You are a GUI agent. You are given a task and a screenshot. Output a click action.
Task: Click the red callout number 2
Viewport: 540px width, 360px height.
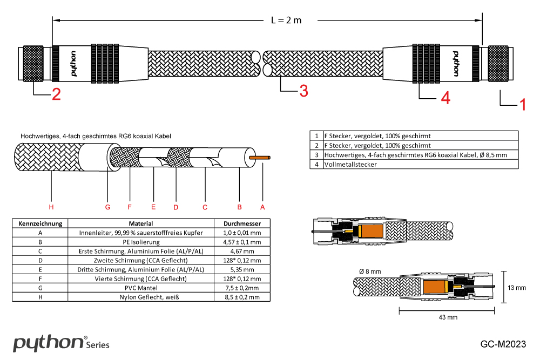click(56, 94)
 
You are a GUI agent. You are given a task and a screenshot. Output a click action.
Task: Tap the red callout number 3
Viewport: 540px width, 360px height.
click(303, 91)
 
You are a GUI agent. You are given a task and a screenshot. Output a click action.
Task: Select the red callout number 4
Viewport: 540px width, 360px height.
click(445, 98)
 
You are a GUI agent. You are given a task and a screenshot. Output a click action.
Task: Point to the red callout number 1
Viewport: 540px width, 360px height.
click(522, 104)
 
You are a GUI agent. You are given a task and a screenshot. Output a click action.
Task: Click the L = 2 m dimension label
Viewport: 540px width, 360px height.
click(286, 21)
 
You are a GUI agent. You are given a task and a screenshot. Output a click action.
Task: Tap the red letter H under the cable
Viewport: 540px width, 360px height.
click(51, 207)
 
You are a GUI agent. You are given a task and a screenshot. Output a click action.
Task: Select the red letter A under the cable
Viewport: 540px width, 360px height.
click(263, 207)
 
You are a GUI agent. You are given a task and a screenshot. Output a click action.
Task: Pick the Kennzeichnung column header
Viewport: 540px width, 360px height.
click(41, 223)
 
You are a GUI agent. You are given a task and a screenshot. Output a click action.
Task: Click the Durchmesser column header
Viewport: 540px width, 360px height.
click(242, 223)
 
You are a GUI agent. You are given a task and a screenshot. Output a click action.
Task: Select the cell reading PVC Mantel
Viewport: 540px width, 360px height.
click(140, 288)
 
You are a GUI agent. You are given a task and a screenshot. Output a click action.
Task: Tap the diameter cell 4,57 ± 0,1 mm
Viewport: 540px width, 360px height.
click(242, 242)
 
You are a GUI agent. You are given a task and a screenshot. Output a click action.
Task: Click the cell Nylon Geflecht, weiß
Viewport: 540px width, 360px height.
click(140, 297)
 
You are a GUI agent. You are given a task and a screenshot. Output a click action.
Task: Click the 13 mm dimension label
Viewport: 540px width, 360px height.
click(517, 288)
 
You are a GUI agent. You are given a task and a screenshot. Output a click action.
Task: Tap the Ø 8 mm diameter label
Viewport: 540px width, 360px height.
click(370, 271)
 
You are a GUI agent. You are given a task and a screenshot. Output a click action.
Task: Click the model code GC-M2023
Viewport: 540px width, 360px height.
click(503, 344)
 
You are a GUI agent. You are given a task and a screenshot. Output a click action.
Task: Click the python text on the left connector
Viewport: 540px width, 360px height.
click(73, 63)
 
